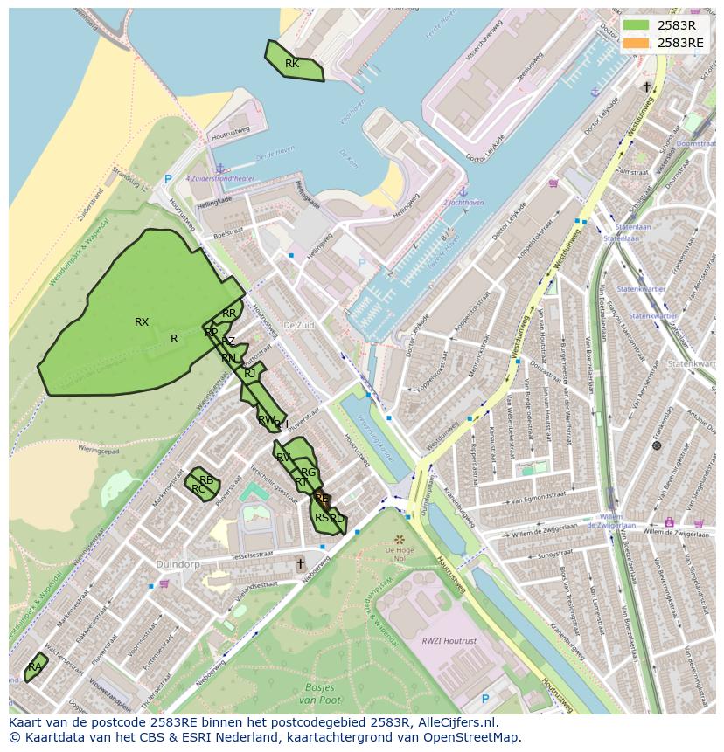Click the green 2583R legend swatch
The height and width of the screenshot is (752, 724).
(x=637, y=24)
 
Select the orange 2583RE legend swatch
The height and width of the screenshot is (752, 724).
(x=637, y=42)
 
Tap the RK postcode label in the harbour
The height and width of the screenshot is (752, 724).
(x=292, y=64)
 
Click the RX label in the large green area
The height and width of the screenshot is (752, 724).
(x=142, y=322)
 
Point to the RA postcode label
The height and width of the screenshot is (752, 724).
(x=35, y=667)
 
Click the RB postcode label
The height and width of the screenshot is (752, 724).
(x=206, y=480)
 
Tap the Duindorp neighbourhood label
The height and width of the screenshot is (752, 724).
(x=178, y=564)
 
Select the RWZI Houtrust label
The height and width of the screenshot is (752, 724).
(x=449, y=641)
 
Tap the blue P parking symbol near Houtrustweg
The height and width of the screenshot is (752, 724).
(x=168, y=179)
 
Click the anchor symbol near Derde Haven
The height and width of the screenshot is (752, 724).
(x=220, y=168)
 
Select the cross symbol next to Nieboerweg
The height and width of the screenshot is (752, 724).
(x=301, y=563)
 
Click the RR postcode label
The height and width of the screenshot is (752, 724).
(x=229, y=314)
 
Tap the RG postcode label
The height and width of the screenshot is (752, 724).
(x=308, y=473)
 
